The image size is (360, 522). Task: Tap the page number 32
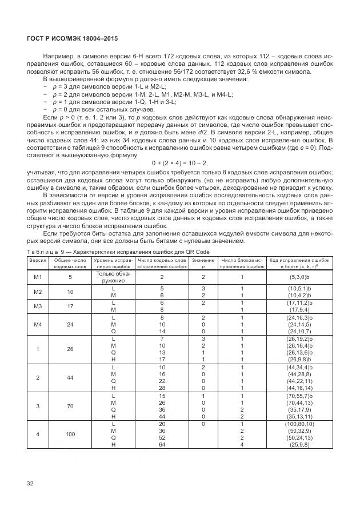pyautogui.click(x=30, y=483)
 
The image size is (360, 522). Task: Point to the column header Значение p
pyautogui.click(x=203, y=262)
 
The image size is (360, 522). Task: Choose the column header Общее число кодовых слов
pyautogui.click(x=70, y=262)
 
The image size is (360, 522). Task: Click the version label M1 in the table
pyautogui.click(x=38, y=277)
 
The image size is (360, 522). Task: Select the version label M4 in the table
pyautogui.click(x=38, y=322)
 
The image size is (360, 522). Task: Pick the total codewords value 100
pyautogui.click(x=70, y=435)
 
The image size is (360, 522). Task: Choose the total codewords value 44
pyautogui.click(x=70, y=377)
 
